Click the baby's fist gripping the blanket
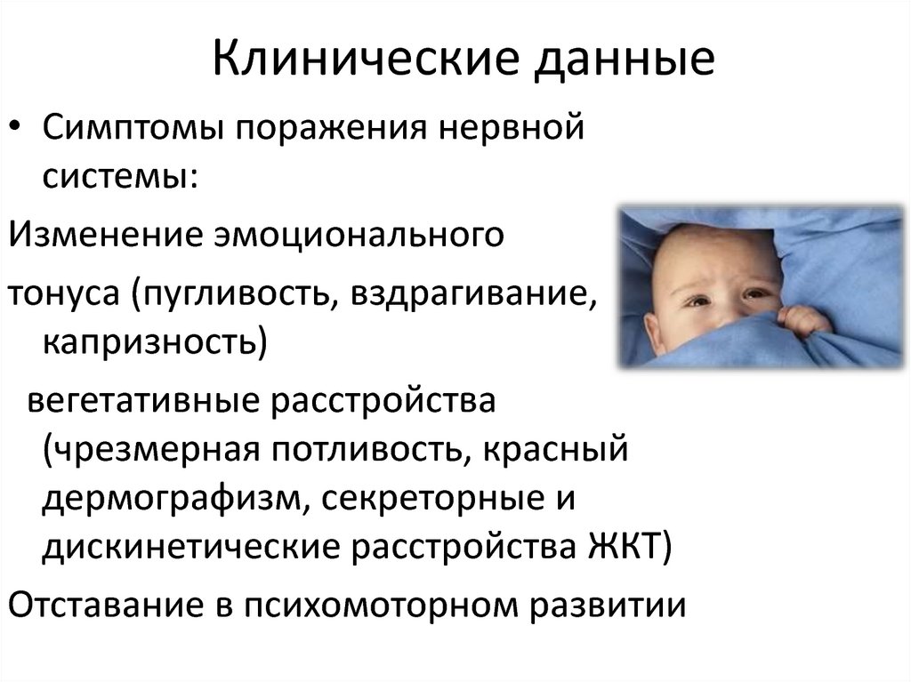tap(802, 321)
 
